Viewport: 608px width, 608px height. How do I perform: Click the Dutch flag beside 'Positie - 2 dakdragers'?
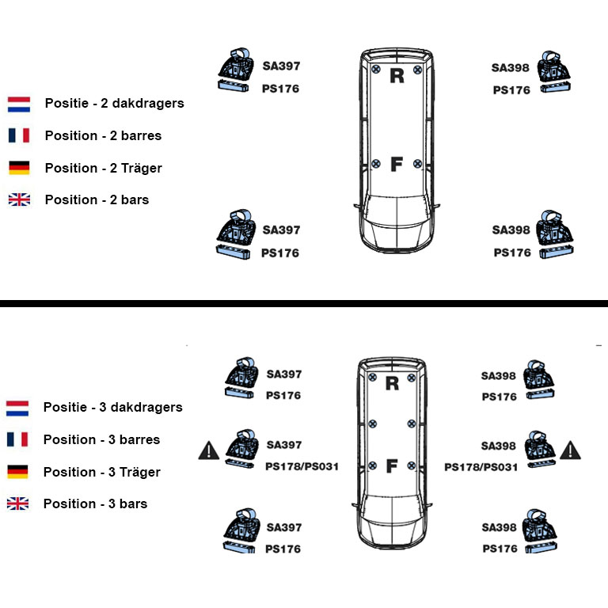point(19,104)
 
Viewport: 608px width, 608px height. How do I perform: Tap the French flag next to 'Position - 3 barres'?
point(17,439)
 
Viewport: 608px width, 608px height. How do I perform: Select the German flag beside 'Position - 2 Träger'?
point(19,168)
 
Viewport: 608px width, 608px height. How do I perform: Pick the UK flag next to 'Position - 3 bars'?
point(18,503)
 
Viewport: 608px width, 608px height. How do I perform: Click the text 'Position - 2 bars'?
point(97,199)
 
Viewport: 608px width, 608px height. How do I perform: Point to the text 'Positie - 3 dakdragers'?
point(113,407)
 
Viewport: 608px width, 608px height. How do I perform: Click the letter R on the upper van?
point(397,76)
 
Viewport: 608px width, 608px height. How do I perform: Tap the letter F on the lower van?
point(392,465)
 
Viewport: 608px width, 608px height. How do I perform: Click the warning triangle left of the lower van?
point(209,451)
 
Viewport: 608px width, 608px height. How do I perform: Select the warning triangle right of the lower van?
point(570,450)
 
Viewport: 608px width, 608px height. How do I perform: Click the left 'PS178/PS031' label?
point(302,466)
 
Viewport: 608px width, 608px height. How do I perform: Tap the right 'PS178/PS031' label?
point(481,467)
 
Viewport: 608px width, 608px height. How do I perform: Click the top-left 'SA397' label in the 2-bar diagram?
point(281,66)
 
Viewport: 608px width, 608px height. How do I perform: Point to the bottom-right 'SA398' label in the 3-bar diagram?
point(499,527)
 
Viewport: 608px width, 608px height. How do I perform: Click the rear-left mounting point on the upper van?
point(376,70)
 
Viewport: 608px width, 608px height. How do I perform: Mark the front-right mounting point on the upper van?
point(418,164)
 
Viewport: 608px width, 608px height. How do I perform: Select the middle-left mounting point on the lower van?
point(372,424)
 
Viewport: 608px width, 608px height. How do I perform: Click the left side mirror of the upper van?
point(358,207)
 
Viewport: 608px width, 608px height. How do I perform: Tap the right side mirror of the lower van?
point(428,506)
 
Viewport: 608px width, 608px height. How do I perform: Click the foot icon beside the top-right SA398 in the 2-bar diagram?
point(553,72)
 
